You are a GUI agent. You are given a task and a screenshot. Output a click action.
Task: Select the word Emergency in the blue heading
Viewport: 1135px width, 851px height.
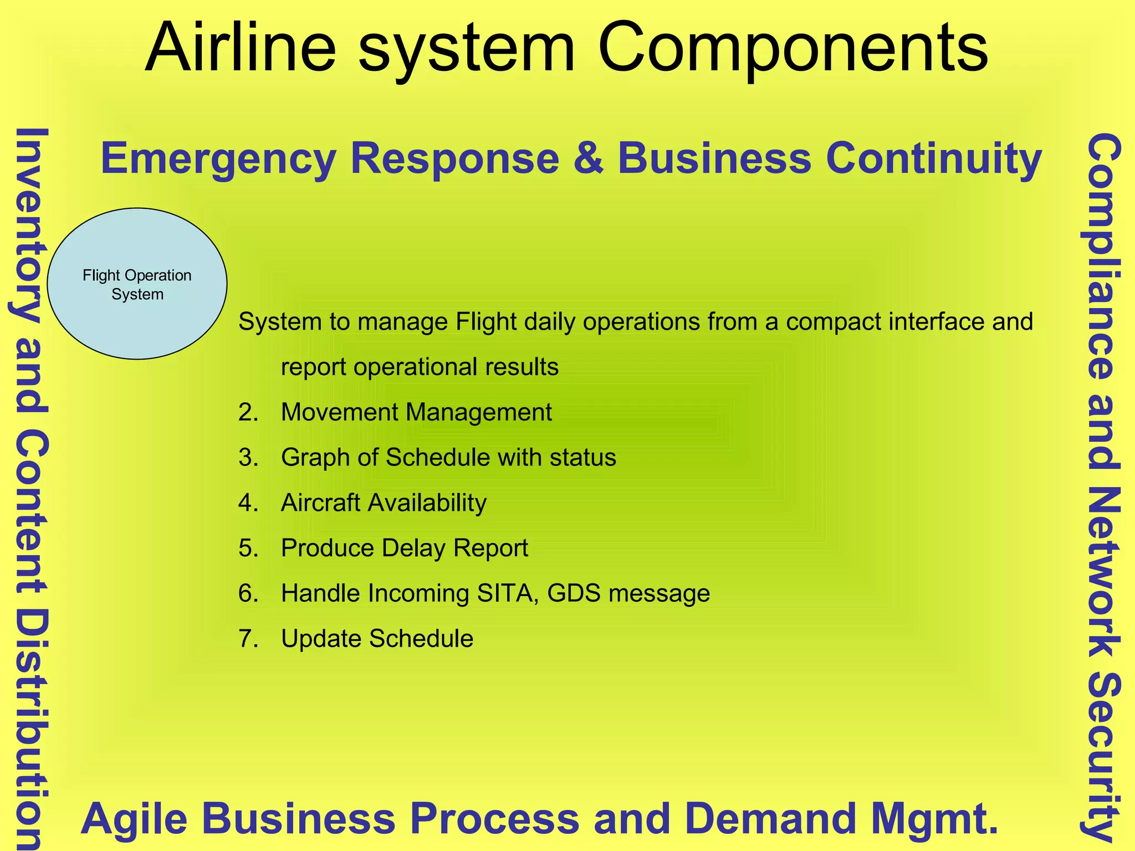218,159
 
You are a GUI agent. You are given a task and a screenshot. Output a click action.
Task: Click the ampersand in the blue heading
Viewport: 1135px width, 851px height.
589,159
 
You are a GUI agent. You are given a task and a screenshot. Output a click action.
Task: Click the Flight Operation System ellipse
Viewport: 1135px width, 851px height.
137,284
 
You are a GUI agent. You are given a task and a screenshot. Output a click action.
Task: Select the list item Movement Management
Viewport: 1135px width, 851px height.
416,412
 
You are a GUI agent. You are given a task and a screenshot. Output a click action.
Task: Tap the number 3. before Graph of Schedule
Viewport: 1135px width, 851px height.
248,458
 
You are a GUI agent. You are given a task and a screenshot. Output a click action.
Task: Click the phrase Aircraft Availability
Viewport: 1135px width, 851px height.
384,503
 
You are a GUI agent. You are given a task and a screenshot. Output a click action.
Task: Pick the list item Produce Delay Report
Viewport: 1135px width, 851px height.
404,548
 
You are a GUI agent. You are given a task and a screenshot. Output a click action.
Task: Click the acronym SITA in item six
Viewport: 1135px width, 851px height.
505,593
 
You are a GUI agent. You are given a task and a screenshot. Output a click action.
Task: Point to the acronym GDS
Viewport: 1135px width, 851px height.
574,593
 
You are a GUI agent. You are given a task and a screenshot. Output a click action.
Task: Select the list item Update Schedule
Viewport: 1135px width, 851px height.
377,639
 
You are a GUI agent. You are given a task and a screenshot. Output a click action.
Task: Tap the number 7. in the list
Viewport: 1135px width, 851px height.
248,639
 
